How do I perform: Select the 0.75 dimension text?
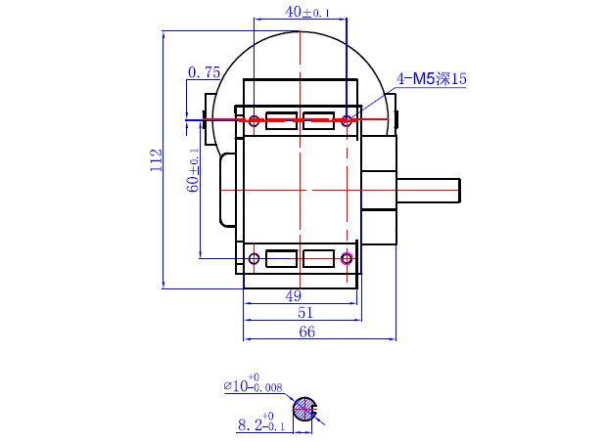pos(204,72)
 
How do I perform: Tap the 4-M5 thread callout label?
pos(432,78)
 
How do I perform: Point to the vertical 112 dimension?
pos(155,160)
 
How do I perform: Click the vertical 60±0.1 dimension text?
pos(194,169)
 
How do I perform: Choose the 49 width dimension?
pos(294,295)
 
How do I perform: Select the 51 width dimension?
pos(304,312)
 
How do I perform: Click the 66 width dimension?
pos(306,332)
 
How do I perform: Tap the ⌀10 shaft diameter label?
pos(253,385)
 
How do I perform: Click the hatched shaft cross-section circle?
pos(305,410)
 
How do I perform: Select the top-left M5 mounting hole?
pos(254,121)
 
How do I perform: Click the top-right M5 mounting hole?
pos(347,121)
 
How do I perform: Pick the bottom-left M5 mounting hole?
pos(254,259)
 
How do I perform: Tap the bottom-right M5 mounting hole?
pos(347,259)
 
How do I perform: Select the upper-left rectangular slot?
pos(281,121)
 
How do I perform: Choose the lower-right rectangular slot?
pos(319,259)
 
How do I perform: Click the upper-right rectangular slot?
pos(319,121)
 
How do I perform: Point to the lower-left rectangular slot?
pos(281,259)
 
